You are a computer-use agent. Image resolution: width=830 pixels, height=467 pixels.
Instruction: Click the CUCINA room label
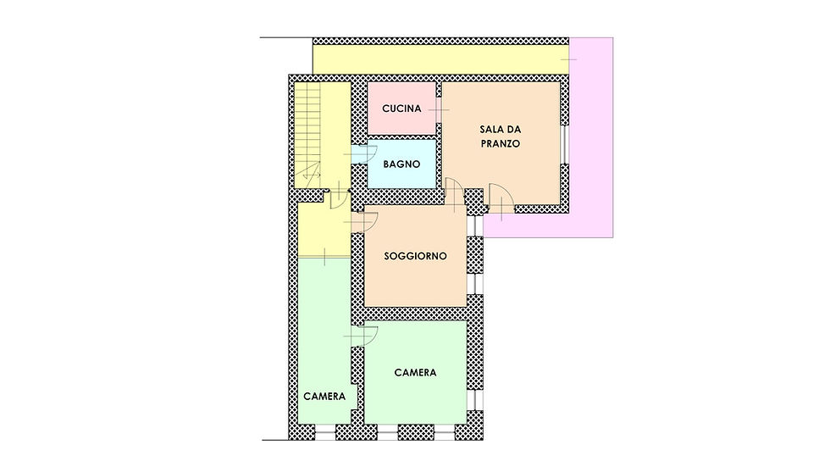click(401, 108)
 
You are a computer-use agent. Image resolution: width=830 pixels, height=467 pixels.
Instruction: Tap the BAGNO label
click(401, 164)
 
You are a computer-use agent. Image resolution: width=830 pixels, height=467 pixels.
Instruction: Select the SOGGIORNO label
click(415, 256)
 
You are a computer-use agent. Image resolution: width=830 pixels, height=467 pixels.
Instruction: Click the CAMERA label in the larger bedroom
click(415, 372)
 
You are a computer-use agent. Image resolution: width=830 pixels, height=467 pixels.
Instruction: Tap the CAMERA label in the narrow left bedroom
click(324, 397)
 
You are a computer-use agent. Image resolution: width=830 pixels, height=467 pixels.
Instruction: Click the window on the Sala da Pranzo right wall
click(566, 144)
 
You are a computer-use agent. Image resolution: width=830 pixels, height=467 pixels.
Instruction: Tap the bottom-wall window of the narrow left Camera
click(325, 432)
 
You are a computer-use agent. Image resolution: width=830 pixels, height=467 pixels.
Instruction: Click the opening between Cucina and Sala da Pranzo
click(439, 110)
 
